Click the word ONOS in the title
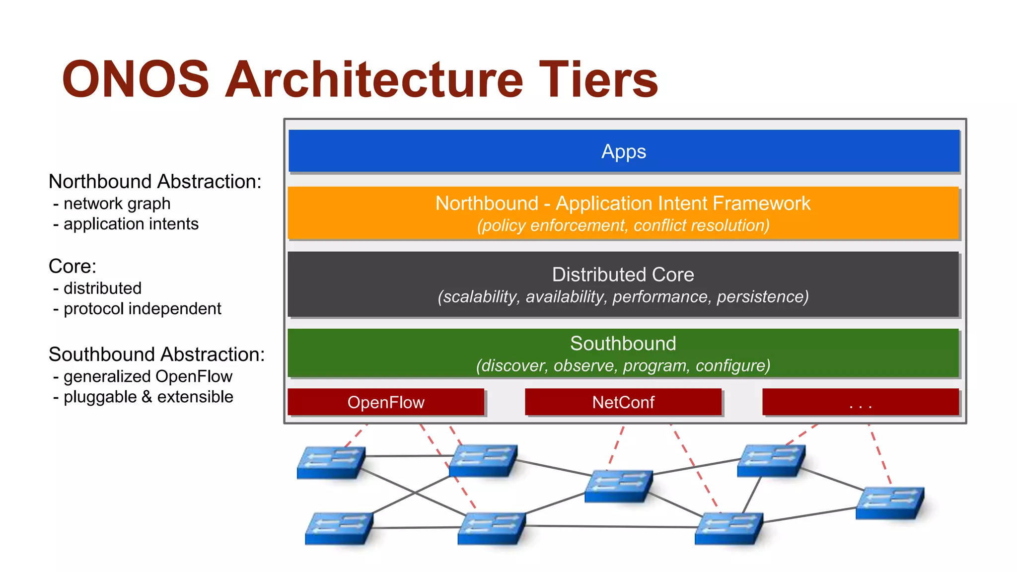coord(135,79)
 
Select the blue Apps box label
coord(624,151)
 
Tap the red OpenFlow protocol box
coord(386,402)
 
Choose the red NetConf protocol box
coord(623,402)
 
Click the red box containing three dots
coord(860,402)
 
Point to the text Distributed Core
coord(623,275)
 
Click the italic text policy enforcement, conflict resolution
coord(623,225)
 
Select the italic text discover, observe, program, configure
coord(623,365)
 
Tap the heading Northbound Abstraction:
coord(155,182)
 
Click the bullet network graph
coord(117,204)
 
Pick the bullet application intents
coord(131,224)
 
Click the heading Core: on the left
coord(73,267)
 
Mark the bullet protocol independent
coord(142,309)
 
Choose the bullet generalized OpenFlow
coord(147,376)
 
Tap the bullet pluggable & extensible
coord(148,397)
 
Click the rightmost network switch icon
coord(890,503)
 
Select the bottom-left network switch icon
coord(339,528)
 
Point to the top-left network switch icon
coord(331,462)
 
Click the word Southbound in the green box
coord(623,344)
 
